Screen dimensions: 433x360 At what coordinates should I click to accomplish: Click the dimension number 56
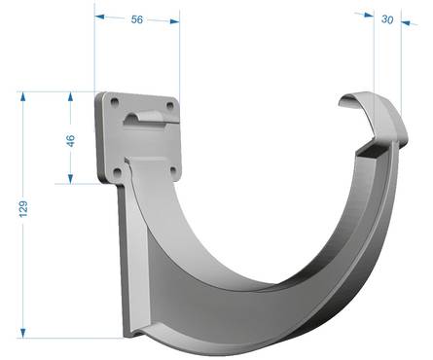click(137, 19)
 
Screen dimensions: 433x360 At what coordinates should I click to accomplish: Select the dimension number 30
click(387, 19)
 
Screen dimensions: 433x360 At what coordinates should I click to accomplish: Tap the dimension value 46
click(70, 140)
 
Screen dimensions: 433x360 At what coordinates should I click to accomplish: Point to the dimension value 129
click(23, 208)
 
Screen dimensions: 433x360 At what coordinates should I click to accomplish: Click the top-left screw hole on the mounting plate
click(115, 102)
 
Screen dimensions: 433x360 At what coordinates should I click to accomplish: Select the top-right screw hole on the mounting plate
click(170, 105)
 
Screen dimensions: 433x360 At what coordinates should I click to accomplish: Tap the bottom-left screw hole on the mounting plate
click(117, 171)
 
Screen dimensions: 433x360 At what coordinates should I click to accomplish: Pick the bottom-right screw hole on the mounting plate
click(173, 169)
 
